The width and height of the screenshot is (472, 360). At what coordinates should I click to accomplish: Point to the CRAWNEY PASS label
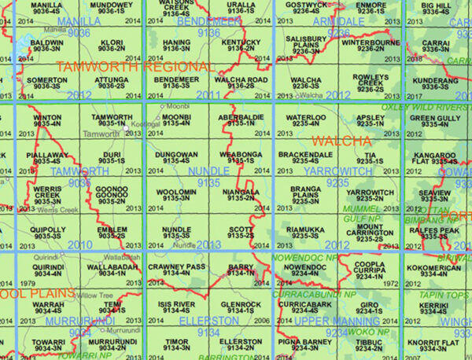tap(176, 267)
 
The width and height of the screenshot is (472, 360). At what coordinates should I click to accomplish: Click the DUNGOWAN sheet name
tap(176, 154)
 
